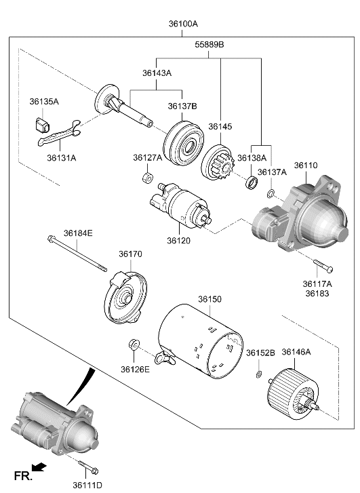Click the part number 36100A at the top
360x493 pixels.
pos(183,24)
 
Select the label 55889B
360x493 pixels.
pos(211,46)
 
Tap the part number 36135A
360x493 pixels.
pos(44,102)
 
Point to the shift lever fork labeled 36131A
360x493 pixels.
pos(57,134)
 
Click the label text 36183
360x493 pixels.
pos(317,294)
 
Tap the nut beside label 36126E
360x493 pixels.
pos(133,347)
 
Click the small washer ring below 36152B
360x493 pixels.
pos(259,374)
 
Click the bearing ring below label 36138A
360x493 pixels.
pos(251,182)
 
